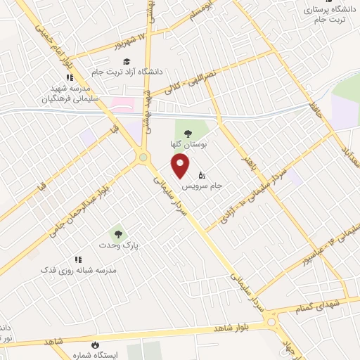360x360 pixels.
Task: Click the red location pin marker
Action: (181, 167)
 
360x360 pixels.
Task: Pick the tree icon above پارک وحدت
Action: (117, 234)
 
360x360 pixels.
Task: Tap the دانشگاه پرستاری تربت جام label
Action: (330, 15)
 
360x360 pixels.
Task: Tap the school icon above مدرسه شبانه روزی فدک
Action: (77, 259)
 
